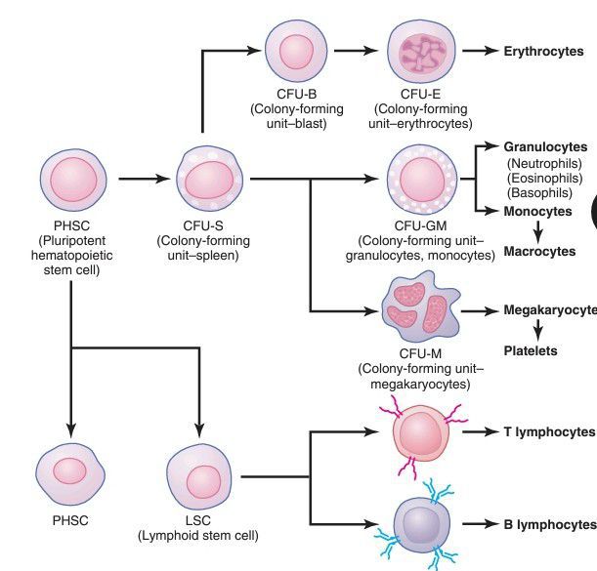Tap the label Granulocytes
click(x=545, y=147)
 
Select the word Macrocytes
click(x=539, y=251)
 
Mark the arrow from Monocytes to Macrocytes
click(x=537, y=230)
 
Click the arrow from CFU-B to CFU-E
click(x=358, y=51)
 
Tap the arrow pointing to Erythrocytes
click(x=479, y=51)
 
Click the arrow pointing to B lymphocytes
click(x=479, y=524)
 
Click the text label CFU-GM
click(x=422, y=226)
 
